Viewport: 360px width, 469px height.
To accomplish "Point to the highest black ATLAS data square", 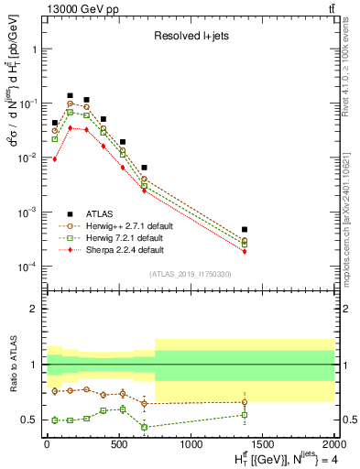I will click(x=70, y=95).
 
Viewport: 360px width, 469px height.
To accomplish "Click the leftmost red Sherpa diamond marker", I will click(x=55, y=159).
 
